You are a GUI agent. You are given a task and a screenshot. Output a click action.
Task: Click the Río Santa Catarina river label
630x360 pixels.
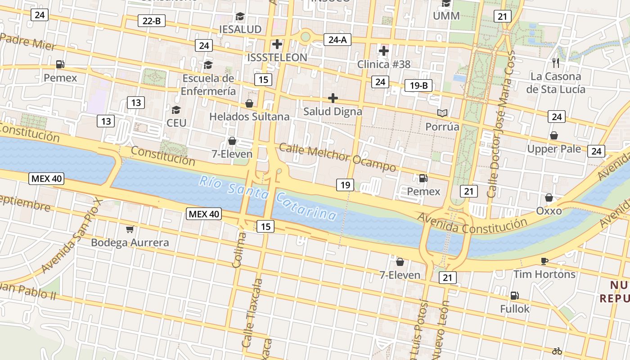[x=268, y=198]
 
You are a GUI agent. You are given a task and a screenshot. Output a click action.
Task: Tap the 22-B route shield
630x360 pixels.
[x=151, y=21]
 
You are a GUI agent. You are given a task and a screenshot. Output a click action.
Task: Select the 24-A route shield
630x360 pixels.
[x=337, y=40]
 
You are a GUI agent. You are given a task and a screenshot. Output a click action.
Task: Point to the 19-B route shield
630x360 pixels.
[x=418, y=85]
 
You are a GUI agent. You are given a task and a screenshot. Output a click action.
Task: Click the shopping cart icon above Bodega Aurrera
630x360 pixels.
[x=130, y=229]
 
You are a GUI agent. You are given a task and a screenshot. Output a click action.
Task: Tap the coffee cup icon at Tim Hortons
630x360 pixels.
[x=544, y=261]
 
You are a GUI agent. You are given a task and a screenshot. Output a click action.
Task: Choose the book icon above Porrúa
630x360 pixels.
[x=442, y=113]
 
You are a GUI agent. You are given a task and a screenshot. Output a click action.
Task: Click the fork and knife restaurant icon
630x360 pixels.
[x=555, y=63]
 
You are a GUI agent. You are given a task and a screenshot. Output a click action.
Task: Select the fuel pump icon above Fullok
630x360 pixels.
[x=514, y=296]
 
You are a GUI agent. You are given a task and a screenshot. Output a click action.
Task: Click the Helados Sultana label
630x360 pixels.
[x=249, y=117]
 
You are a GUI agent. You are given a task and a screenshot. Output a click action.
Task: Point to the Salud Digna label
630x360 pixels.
[x=333, y=111]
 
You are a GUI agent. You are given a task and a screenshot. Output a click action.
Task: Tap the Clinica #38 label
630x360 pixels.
[x=384, y=64]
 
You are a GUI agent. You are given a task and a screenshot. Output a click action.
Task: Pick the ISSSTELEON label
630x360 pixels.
[x=277, y=57]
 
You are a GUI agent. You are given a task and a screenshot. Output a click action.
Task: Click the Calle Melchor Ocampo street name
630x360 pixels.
[x=337, y=157]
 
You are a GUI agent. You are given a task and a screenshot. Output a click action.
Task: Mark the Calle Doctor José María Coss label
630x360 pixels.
[x=500, y=124]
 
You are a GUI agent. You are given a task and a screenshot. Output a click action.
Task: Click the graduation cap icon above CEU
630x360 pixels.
[x=176, y=110]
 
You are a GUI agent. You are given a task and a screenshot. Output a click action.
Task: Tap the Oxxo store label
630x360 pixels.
[x=549, y=211]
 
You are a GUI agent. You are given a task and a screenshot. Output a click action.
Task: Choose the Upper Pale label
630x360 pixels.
[x=554, y=148]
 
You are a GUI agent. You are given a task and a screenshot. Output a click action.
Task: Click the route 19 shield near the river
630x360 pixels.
[x=345, y=184]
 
